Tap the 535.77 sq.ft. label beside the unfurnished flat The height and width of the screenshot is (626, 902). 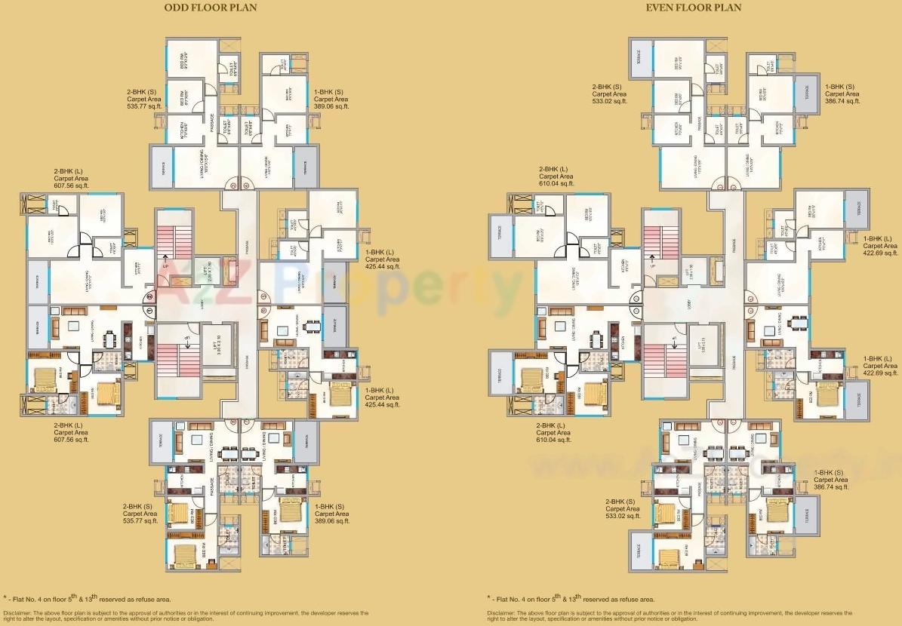[x=144, y=107]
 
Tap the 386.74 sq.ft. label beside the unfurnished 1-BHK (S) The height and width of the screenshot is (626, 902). [x=842, y=100]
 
